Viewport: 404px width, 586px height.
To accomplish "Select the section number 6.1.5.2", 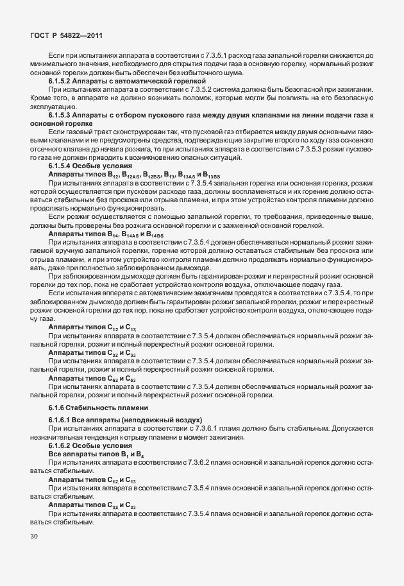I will coord(62,82).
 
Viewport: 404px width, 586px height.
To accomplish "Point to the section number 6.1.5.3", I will coord(62,114).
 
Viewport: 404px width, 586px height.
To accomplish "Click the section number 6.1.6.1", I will coord(62,419).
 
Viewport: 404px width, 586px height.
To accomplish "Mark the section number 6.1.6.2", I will coord(62,445).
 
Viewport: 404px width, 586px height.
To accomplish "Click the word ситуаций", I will coord(223,157).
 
